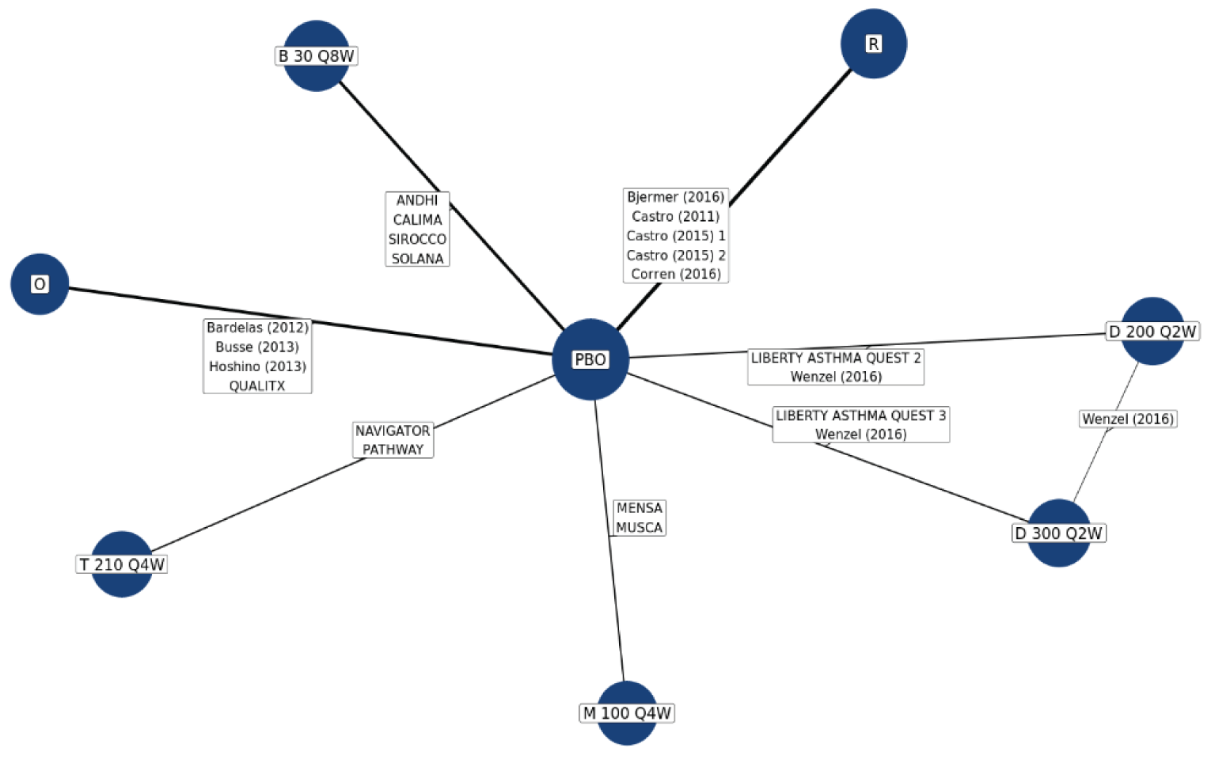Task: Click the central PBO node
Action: pyautogui.click(x=590, y=359)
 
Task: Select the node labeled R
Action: pyautogui.click(x=873, y=44)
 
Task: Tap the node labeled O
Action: pyautogui.click(x=40, y=284)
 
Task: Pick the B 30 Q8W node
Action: pyautogui.click(x=317, y=56)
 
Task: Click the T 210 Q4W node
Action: pyautogui.click(x=122, y=564)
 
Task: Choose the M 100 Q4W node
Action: pyautogui.click(x=627, y=713)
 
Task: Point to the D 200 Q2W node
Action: pyautogui.click(x=1152, y=332)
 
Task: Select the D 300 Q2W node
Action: pyautogui.click(x=1058, y=533)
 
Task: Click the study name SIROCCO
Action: pyautogui.click(x=417, y=239)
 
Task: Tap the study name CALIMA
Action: pyautogui.click(x=417, y=220)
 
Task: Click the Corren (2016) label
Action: pyautogui.click(x=676, y=274)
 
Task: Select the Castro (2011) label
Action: pyautogui.click(x=676, y=216)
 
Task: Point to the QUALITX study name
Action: pyautogui.click(x=257, y=386)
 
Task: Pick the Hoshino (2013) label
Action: pyautogui.click(x=257, y=366)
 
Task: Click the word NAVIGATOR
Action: pyautogui.click(x=393, y=431)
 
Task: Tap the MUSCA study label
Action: pyautogui.click(x=639, y=527)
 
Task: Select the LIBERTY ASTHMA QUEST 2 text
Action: pyautogui.click(x=836, y=358)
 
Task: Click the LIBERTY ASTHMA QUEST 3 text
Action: pyautogui.click(x=860, y=416)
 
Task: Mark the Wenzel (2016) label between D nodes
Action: pyautogui.click(x=1128, y=419)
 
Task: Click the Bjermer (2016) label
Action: pyautogui.click(x=676, y=197)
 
